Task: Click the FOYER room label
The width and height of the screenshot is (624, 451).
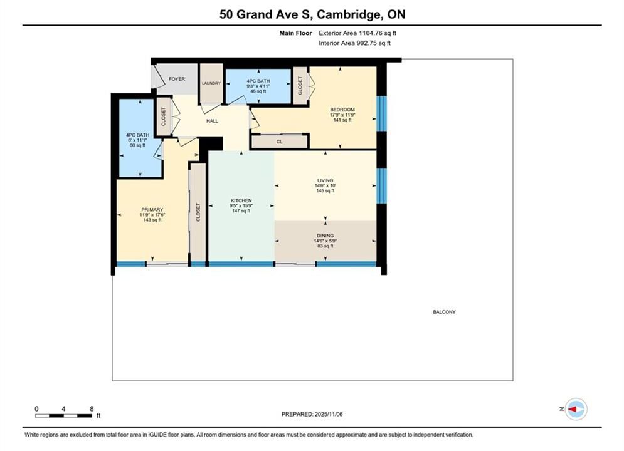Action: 177,79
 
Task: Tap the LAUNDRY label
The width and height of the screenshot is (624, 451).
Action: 211,83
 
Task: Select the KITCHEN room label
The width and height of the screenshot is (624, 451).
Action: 241,200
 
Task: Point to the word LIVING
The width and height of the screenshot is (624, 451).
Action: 325,180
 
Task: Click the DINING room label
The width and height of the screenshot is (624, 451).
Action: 325,236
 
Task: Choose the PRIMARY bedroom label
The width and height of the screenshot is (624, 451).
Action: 152,210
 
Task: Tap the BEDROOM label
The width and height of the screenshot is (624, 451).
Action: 342,110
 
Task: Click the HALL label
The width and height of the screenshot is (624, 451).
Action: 212,121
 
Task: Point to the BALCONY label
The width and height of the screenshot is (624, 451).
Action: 444,312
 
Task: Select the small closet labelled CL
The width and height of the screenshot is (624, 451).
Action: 279,142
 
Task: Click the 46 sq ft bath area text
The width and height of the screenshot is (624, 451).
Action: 258,91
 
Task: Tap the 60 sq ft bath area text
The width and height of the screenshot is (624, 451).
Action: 138,145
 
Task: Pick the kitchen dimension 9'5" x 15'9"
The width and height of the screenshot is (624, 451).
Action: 241,206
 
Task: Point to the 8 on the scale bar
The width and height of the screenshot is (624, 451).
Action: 92,408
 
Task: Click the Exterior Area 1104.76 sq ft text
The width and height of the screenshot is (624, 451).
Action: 357,33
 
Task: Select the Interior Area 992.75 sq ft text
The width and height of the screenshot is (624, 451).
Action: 354,43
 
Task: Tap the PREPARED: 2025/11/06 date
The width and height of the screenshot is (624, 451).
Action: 312,414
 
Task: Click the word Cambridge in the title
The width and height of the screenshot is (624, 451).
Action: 348,14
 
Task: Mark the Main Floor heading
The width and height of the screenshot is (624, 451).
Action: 295,33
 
